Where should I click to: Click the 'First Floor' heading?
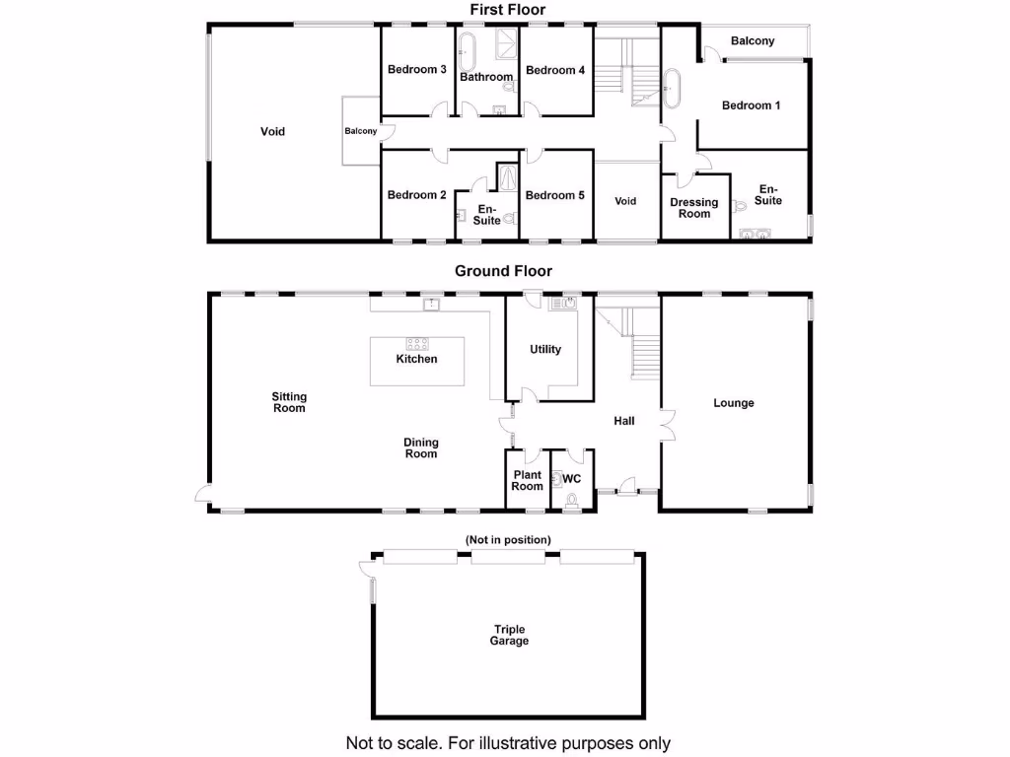[507, 10]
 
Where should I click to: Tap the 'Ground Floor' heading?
[503, 271]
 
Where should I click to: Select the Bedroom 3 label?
[417, 70]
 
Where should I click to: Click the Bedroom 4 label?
[555, 70]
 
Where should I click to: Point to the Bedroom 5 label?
[554, 195]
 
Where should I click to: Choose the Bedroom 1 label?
[752, 105]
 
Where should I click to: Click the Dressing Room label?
[694, 208]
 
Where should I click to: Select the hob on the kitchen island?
[417, 344]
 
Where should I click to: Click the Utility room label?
[545, 349]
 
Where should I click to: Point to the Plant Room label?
[528, 481]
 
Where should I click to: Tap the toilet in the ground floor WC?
[571, 500]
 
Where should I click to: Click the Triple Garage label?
[509, 636]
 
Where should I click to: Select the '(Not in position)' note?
[508, 540]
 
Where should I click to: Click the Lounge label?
[734, 403]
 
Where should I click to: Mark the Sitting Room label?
[289, 402]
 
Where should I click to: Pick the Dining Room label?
[421, 448]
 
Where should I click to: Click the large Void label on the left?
[273, 131]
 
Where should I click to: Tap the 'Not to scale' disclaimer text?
[507, 743]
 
